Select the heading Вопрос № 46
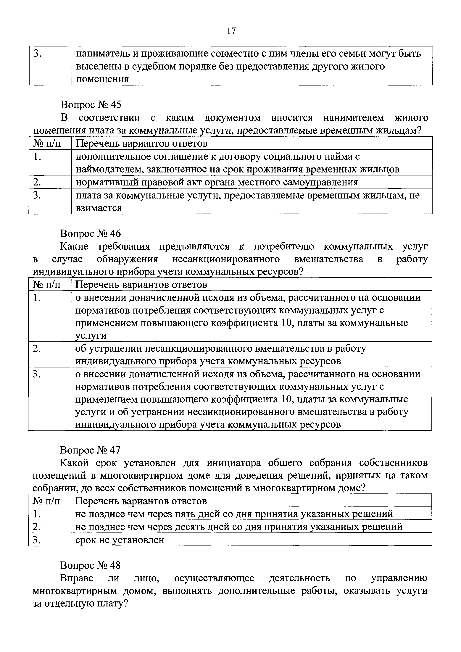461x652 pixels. pyautogui.click(x=90, y=233)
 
